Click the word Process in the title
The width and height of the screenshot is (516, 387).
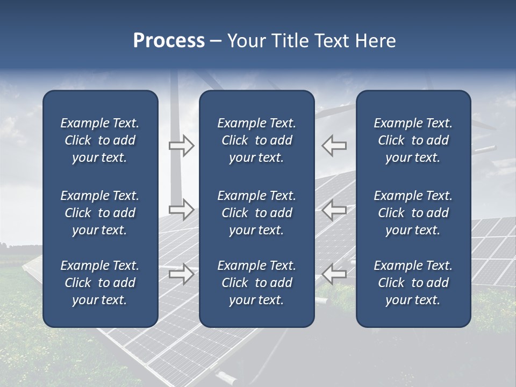pyautogui.click(x=169, y=41)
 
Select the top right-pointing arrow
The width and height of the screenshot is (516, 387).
pyautogui.click(x=181, y=146)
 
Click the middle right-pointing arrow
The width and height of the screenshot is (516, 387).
pyautogui.click(x=181, y=209)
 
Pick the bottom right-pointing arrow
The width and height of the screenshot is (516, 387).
pyautogui.click(x=181, y=274)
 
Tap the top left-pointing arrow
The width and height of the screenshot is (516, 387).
pyautogui.click(x=334, y=146)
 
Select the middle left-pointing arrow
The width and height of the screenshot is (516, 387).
pyautogui.click(x=334, y=209)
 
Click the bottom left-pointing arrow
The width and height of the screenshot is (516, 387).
pyautogui.click(x=334, y=274)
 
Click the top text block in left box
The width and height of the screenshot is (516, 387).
pyautogui.click(x=100, y=140)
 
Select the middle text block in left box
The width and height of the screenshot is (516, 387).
pyautogui.click(x=100, y=213)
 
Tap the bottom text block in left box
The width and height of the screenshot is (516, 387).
pyautogui.click(x=100, y=283)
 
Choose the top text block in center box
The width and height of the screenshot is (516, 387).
pyautogui.click(x=256, y=140)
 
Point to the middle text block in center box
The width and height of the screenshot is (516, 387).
pyautogui.click(x=256, y=213)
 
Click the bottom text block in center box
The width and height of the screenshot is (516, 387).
pyautogui.click(x=256, y=283)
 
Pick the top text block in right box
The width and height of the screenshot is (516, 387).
pyautogui.click(x=413, y=140)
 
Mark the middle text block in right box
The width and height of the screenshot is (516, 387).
pyautogui.click(x=413, y=213)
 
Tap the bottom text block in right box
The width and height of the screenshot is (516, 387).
pyautogui.click(x=413, y=283)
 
